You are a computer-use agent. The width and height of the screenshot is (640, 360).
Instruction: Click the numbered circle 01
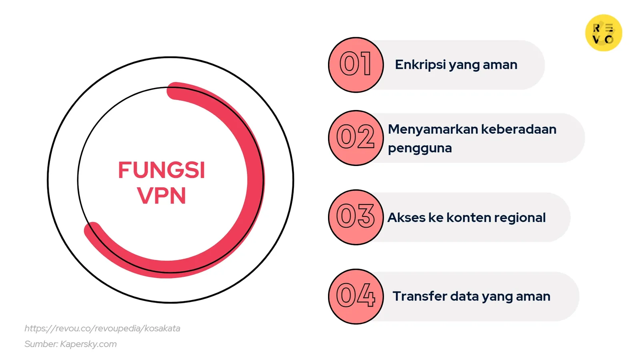(356, 65)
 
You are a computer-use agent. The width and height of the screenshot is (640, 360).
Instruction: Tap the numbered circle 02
(356, 138)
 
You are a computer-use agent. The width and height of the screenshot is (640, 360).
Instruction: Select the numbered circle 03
(356, 217)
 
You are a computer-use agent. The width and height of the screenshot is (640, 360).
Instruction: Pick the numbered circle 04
(356, 296)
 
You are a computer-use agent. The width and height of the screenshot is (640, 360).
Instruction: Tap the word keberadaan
(519, 129)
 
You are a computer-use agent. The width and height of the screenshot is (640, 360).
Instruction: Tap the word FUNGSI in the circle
(162, 170)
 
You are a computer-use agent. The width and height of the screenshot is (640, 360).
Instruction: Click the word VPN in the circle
(162, 196)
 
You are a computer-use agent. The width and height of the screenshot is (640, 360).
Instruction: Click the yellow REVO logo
(604, 33)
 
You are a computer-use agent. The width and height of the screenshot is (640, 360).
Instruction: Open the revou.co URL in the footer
(102, 328)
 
